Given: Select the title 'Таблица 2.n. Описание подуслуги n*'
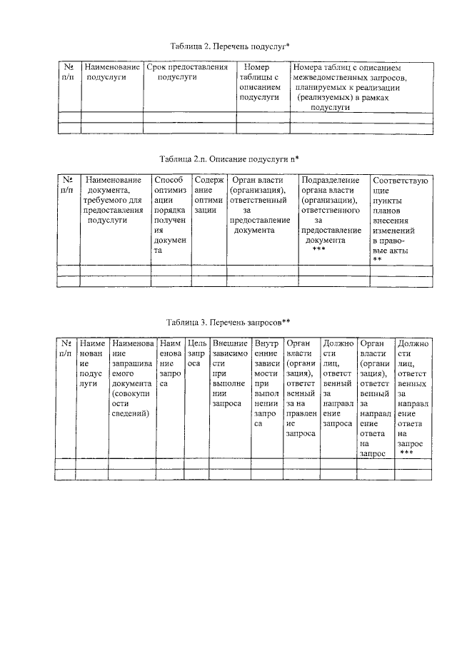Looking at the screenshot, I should pos(229,157).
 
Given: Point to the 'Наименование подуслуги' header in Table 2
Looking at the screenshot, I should pos(111,72).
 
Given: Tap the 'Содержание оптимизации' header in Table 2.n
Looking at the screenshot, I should pos(209,195).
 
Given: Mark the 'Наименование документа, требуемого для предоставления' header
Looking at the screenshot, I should pos(114,200).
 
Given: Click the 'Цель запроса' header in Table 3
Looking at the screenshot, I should pos(196,353).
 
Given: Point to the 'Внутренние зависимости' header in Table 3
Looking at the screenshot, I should pos(268,383).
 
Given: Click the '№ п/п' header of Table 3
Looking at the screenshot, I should pos(65,348).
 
